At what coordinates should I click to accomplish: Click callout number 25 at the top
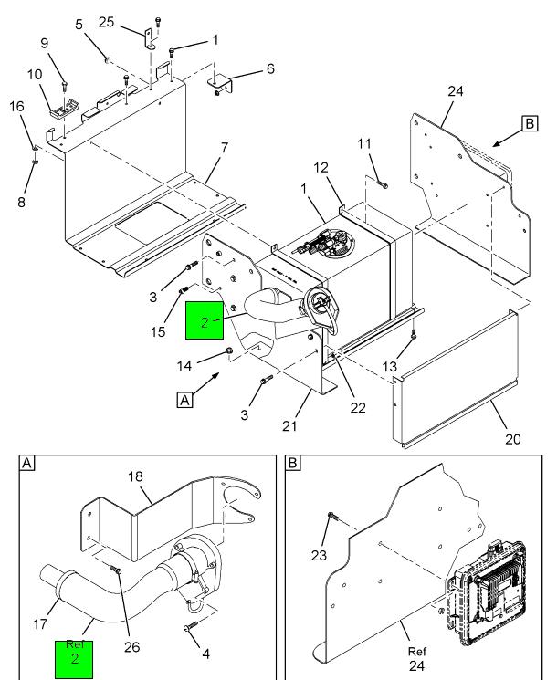[x=106, y=22]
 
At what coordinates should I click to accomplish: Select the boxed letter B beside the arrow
[x=530, y=123]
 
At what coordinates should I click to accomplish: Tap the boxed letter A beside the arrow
[x=185, y=400]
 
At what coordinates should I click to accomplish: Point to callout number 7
[x=225, y=148]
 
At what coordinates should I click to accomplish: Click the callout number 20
[x=513, y=439]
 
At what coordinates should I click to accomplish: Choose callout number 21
[x=289, y=426]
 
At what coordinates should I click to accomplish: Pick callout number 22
[x=358, y=408]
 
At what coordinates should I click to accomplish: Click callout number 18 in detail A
[x=135, y=476]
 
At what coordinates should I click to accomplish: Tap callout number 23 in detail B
[x=319, y=555]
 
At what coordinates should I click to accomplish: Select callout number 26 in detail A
[x=131, y=646]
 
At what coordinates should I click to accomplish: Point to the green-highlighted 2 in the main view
[x=205, y=320]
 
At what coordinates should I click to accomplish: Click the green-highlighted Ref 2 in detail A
[x=74, y=659]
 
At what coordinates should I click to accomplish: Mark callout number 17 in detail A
[x=40, y=624]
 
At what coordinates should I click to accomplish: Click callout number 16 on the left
[x=17, y=106]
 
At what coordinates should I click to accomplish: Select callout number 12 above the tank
[x=321, y=167]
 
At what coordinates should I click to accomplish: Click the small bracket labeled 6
[x=220, y=83]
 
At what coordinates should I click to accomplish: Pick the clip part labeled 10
[x=64, y=110]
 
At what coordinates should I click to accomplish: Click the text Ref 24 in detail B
[x=417, y=658]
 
